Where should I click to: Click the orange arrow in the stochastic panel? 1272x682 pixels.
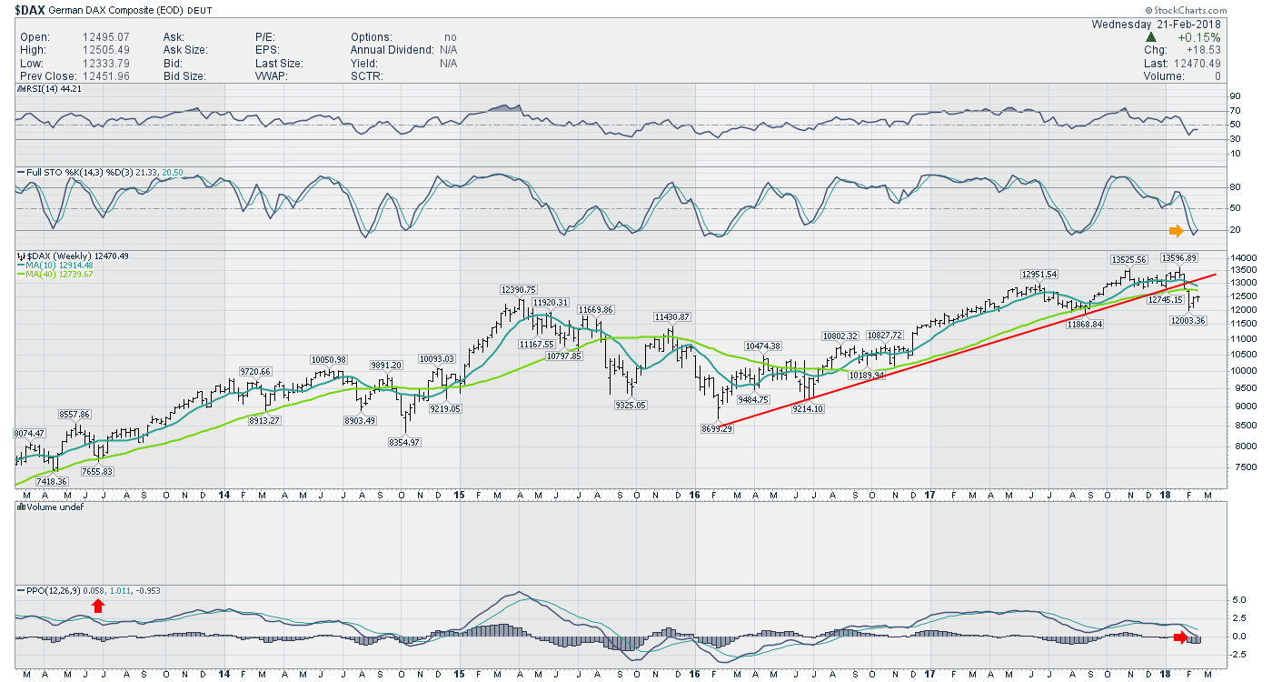(1177, 230)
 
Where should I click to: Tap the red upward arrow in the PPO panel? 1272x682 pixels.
(97, 606)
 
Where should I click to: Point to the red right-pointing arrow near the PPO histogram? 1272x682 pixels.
(1180, 637)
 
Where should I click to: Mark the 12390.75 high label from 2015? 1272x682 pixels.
(519, 289)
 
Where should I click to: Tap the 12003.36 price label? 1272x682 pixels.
(1188, 320)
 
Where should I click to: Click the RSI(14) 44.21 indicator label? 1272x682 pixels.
(52, 88)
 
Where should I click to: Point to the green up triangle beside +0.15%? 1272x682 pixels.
(1151, 36)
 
